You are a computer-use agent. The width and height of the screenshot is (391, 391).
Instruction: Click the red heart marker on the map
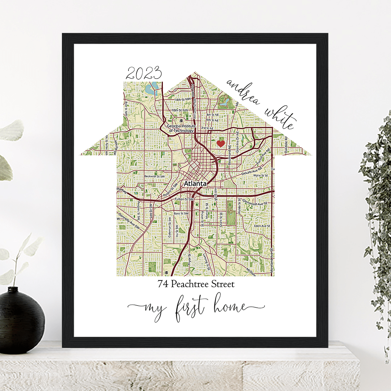[x=220, y=144]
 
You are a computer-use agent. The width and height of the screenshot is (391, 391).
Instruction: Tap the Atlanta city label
[x=195, y=184]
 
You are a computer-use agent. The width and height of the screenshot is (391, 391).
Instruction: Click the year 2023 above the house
[x=143, y=74]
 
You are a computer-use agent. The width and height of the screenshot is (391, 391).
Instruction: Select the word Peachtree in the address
[x=189, y=284]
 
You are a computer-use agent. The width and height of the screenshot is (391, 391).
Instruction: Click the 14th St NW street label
[x=181, y=100]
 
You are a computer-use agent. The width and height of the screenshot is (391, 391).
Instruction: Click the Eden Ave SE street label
[x=262, y=226]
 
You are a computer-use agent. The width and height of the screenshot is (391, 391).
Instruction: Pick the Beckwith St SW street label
[x=154, y=177]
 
